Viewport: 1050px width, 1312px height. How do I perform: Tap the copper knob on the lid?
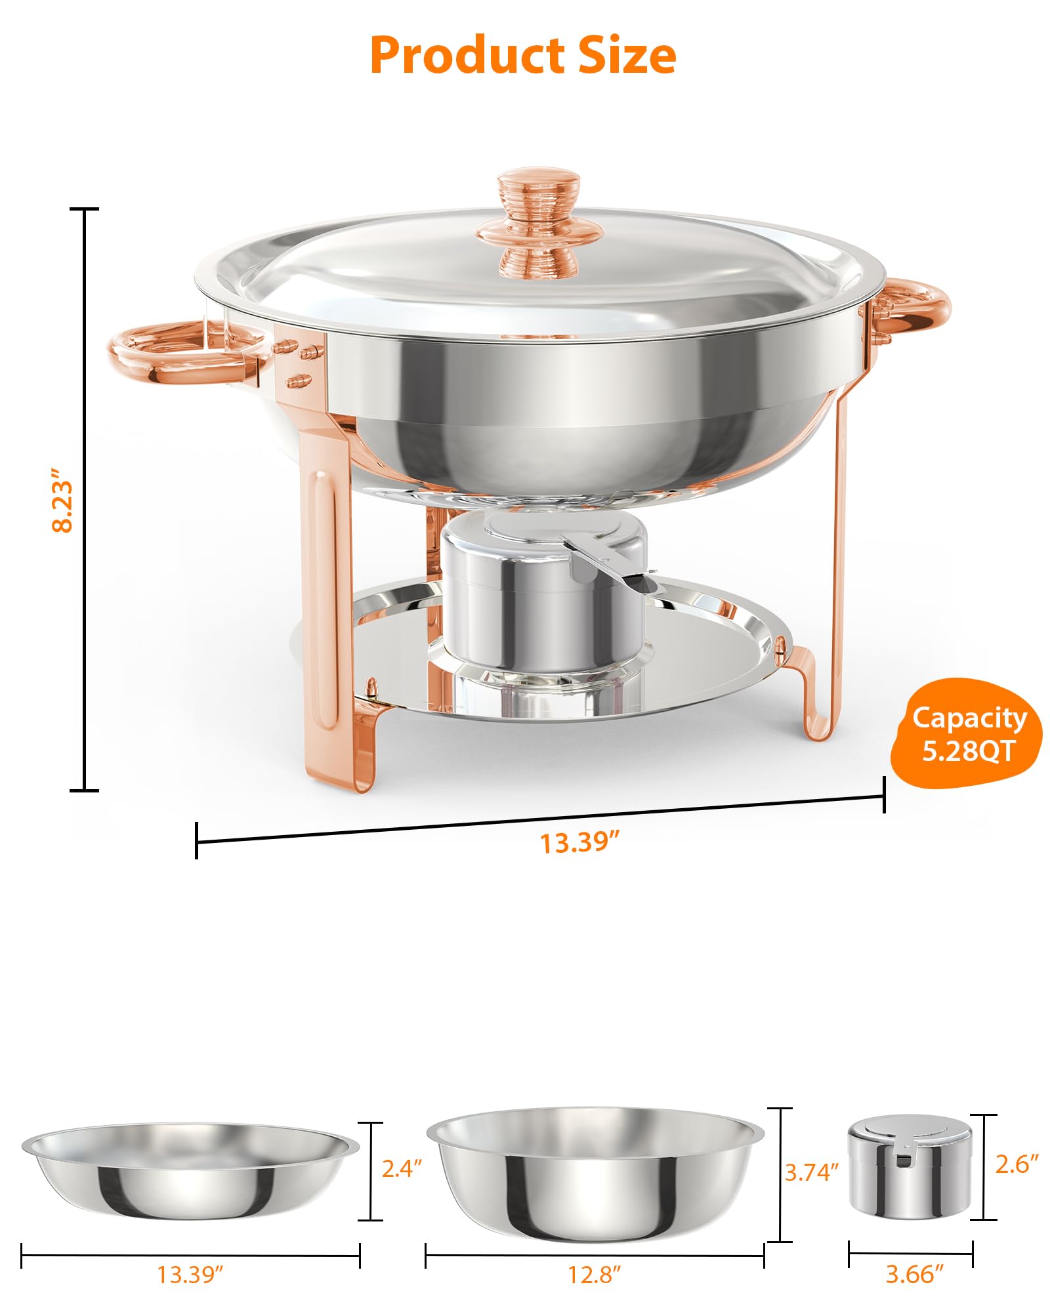tap(539, 223)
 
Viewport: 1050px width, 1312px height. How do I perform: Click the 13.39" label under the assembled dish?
tap(579, 842)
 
